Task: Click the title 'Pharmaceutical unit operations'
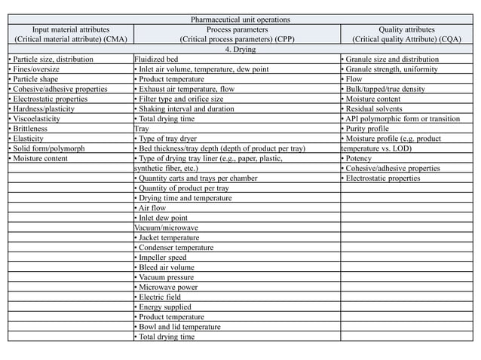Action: coord(240,19)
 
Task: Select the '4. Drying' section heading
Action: coord(240,49)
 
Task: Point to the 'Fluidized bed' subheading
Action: coord(157,59)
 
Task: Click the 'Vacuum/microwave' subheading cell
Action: coord(166,227)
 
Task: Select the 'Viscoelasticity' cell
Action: coord(38,118)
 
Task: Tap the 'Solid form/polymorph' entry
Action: coord(47,148)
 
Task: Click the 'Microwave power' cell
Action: coord(167,287)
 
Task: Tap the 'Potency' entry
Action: coord(360,158)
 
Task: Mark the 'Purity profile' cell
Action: coord(368,129)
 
